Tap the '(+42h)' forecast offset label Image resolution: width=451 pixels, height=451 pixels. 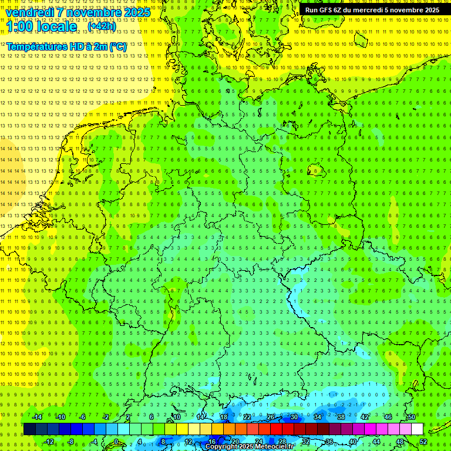tap(102, 26)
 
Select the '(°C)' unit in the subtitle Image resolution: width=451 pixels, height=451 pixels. tap(117, 46)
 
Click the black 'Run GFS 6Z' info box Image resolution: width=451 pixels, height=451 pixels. tap(372, 10)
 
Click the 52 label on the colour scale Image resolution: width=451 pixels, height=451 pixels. tap(423, 442)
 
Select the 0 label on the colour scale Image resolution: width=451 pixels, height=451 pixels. tap(116, 442)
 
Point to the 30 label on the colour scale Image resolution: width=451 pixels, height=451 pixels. tap(294, 417)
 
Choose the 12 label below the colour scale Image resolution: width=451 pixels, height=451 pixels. tap(189, 442)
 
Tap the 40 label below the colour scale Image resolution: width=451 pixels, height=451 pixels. tap(352, 442)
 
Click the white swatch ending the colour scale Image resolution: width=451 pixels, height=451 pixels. tap(418, 429)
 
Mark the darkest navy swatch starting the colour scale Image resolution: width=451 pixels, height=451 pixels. tap(29, 429)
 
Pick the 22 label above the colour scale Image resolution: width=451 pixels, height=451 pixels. tap(247, 417)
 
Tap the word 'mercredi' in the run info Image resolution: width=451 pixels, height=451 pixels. tap(371, 10)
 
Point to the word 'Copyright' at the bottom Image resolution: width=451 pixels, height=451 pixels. tap(221, 447)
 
